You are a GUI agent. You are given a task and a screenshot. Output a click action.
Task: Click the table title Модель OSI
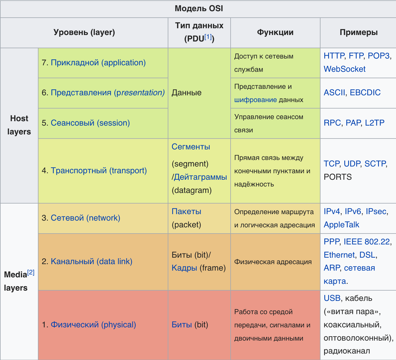199,9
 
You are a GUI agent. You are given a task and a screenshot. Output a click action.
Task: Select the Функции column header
275,32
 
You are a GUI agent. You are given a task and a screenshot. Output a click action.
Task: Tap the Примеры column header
358,32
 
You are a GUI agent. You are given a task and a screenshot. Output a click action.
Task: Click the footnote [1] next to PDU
208,37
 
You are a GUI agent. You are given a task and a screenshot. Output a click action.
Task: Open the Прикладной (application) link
98,63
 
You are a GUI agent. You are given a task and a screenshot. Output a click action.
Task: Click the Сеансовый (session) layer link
90,123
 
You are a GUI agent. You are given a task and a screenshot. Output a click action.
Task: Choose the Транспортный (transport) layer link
99,171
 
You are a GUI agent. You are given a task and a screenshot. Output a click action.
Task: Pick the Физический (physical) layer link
93,325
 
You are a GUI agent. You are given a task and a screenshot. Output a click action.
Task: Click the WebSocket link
344,69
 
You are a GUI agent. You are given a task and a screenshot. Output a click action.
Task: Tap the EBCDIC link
365,93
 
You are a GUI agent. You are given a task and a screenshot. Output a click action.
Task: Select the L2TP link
375,123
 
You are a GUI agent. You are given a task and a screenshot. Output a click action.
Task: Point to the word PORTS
338,177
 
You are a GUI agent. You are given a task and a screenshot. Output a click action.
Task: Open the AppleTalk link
341,225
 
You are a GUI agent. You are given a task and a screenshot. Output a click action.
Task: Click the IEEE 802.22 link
367,242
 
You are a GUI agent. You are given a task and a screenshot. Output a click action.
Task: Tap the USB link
332,298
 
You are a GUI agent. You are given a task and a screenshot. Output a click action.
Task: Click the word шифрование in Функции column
255,100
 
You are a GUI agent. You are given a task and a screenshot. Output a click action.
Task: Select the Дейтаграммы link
200,177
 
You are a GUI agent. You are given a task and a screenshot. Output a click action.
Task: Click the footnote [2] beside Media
31,272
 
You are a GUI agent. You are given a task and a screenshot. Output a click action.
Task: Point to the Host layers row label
19,125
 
